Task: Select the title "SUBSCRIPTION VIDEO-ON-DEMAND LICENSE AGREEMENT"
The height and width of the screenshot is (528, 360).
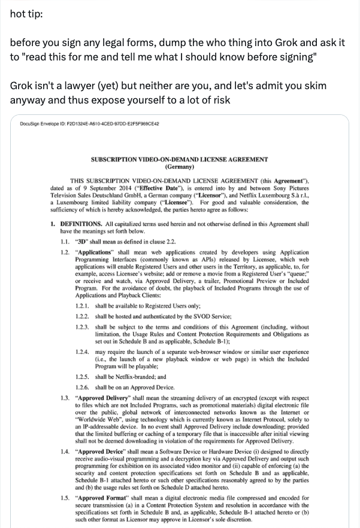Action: [179, 160]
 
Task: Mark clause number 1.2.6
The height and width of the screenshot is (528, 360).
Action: [83, 388]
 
